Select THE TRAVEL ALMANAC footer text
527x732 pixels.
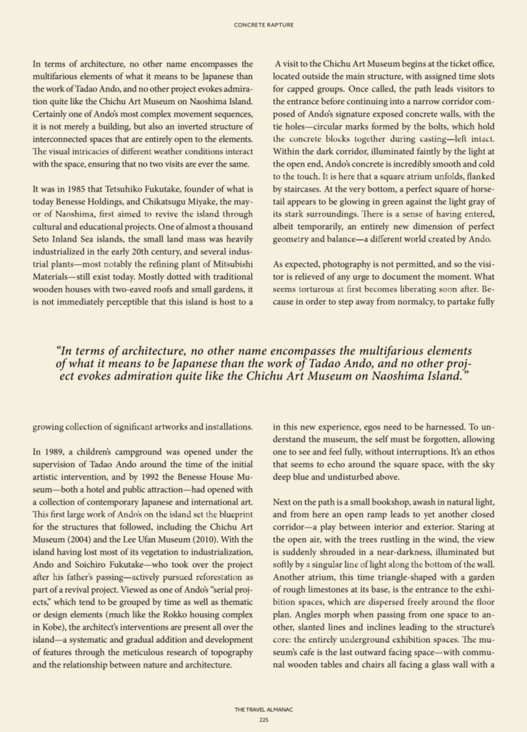tap(263, 709)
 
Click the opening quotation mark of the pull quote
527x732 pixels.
tap(58, 352)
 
